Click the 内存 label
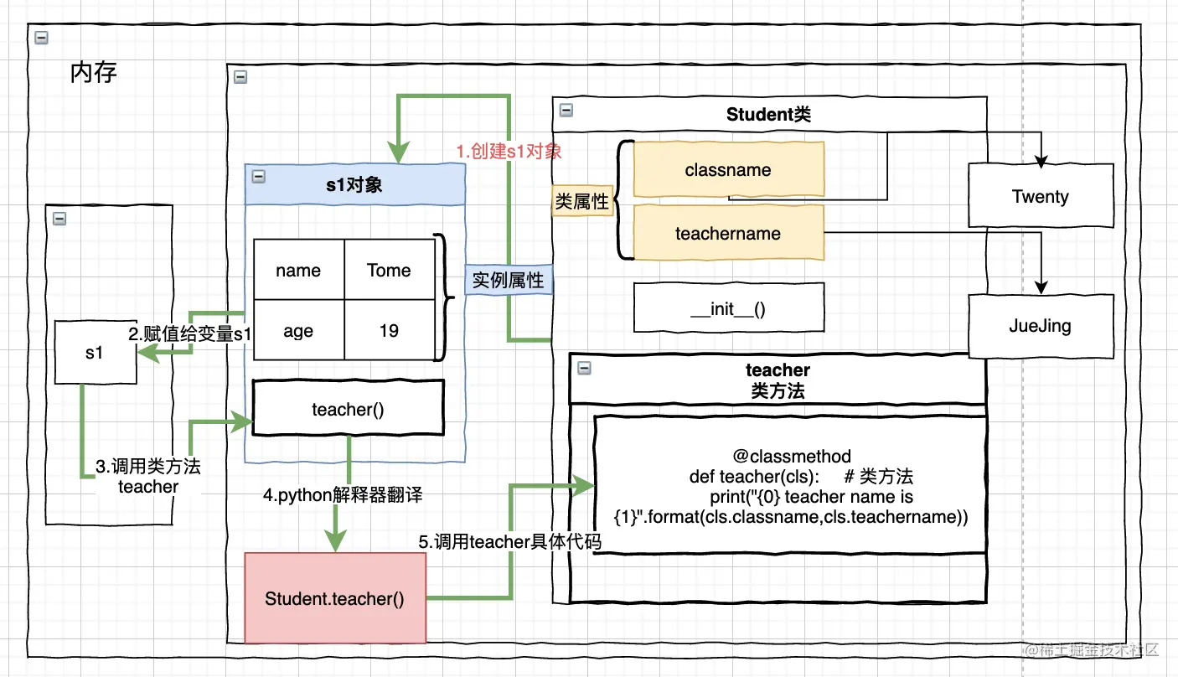(x=93, y=73)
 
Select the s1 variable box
(x=95, y=353)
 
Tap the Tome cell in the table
(x=389, y=270)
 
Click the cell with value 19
(x=389, y=330)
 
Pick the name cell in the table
(x=298, y=270)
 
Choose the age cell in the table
(x=298, y=330)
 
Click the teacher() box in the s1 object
(x=348, y=409)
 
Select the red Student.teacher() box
(x=335, y=598)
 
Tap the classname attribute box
(x=728, y=170)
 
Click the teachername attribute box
(x=728, y=234)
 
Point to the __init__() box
(x=728, y=309)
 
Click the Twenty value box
(x=1040, y=196)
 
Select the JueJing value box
(x=1040, y=326)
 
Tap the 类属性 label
(x=582, y=203)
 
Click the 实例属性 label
(x=508, y=281)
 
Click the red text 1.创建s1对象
(x=509, y=151)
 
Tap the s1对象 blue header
(x=354, y=185)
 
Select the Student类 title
(x=768, y=115)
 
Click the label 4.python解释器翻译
(x=343, y=495)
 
